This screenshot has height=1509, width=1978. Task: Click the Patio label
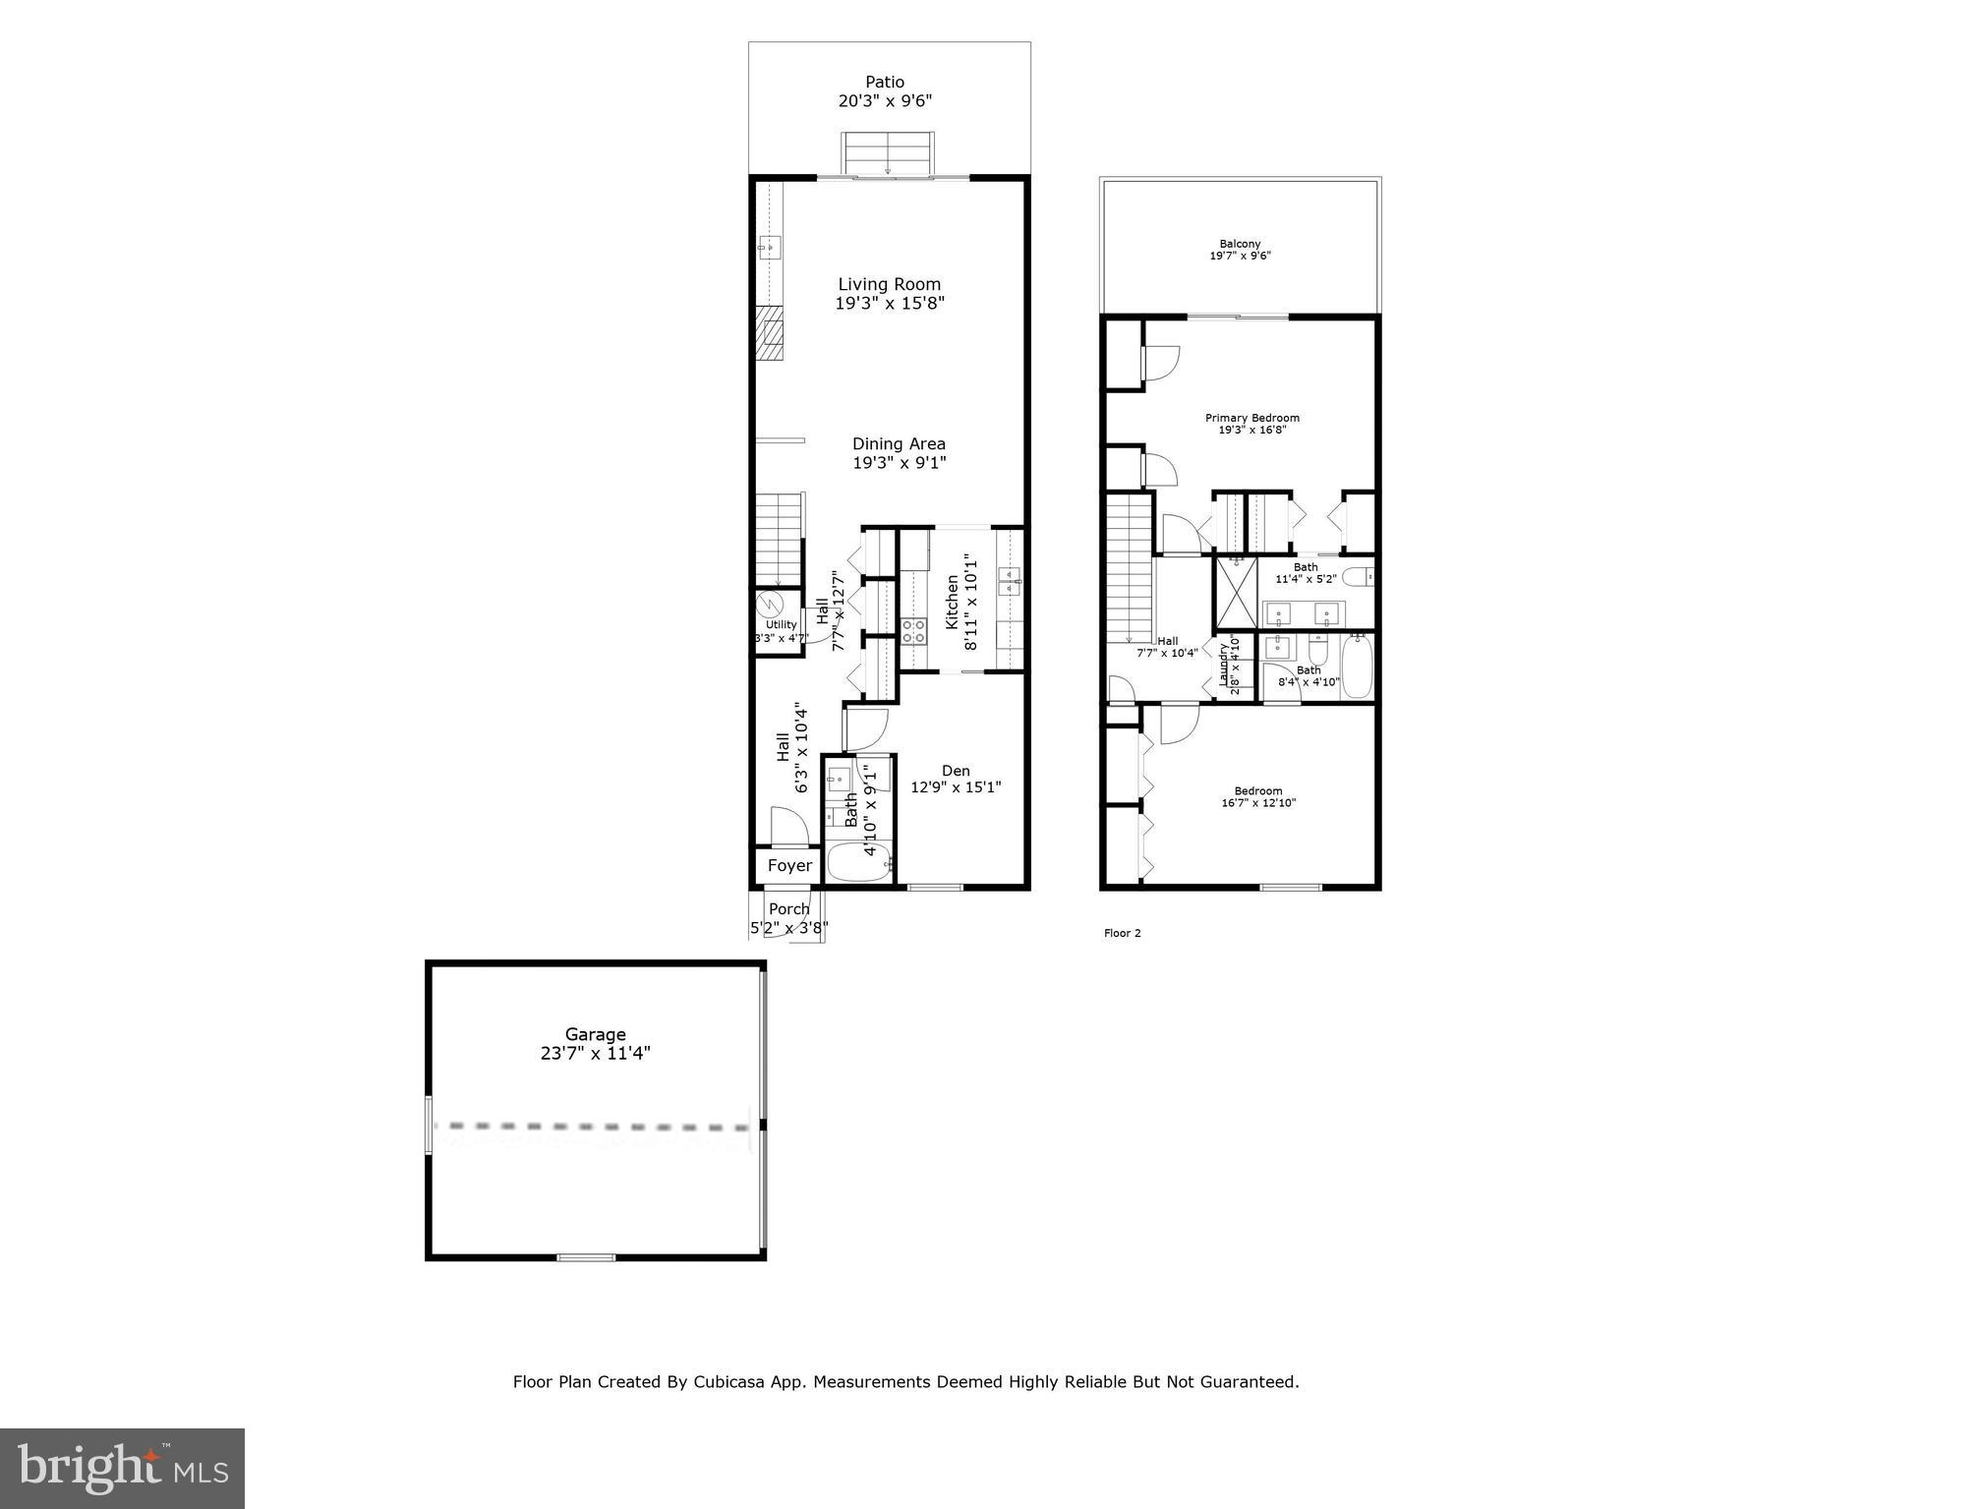coord(884,83)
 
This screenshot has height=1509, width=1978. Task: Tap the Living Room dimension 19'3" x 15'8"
coord(889,304)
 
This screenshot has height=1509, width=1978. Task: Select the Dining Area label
coord(898,444)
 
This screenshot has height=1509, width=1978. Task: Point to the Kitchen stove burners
coord(913,631)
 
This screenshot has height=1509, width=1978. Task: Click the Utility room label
coord(781,625)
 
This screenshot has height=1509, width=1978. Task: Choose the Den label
coord(955,772)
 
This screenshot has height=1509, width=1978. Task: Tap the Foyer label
coord(789,866)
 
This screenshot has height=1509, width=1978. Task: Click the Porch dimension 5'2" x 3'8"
coord(788,927)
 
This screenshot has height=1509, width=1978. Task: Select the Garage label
coord(595,1034)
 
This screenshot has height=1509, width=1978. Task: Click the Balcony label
coord(1239,244)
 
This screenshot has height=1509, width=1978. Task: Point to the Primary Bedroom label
coord(1251,418)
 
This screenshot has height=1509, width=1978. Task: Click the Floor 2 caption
coord(1122,933)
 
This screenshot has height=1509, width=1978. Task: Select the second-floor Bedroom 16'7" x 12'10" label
coord(1257,791)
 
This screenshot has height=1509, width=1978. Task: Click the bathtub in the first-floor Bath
coord(858,863)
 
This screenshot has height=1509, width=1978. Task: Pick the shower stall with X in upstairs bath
coord(1236,593)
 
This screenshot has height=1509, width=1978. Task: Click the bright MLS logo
coord(122,1468)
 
